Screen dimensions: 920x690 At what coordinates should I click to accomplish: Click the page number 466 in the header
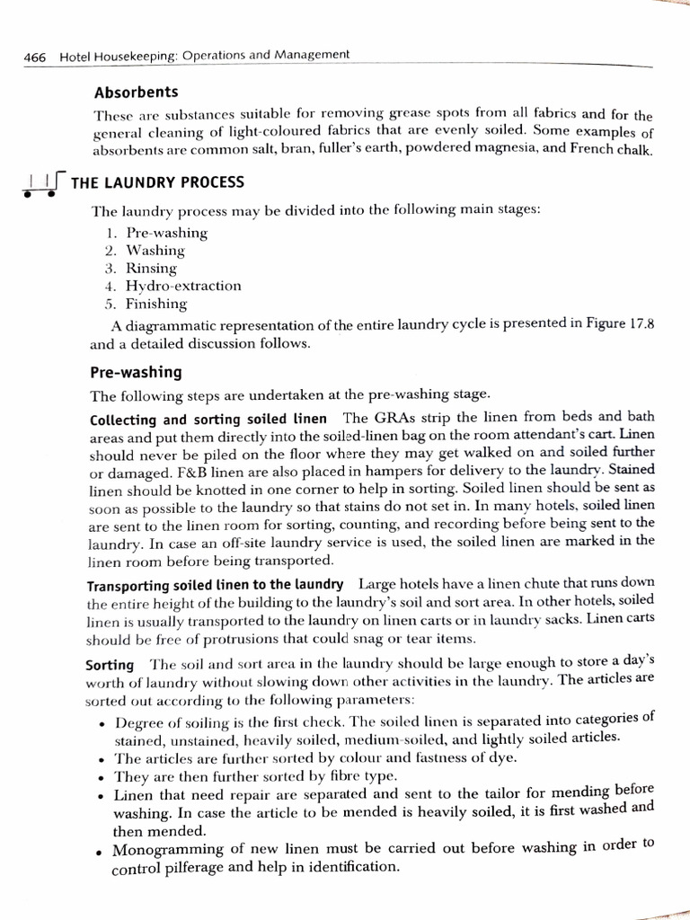35,56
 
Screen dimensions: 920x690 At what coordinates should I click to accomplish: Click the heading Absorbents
135,92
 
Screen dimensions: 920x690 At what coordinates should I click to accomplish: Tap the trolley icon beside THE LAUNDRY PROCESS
41,185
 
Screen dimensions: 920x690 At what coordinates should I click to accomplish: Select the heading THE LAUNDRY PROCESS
157,182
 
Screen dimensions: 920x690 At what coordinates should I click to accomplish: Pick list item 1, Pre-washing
166,233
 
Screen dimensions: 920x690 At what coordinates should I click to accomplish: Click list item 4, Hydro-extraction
183,286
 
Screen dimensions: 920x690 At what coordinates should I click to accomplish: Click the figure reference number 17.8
637,324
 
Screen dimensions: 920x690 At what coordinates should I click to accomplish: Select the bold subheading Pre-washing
136,371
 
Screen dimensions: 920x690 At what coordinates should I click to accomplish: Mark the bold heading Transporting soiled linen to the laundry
216,584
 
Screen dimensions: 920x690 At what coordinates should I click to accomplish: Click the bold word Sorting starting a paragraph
110,665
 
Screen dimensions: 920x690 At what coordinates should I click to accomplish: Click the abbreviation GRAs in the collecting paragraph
392,419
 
